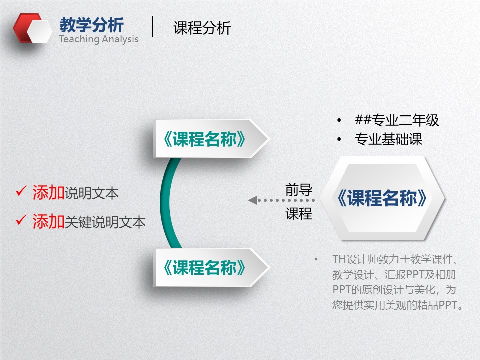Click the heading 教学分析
pos(91,25)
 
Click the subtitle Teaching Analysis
pos(99,39)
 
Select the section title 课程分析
pos(202,28)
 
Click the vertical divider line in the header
pos(152,26)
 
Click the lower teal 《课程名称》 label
pos(205,268)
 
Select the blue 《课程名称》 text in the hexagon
pos(382,198)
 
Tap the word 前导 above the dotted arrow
pos(299,190)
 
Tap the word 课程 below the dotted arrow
pos(299,214)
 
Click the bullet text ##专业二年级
pos(397,120)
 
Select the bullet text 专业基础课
pos(388,139)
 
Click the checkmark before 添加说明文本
pos(21,191)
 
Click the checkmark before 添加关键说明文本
pos(21,220)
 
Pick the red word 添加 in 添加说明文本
pos(48,193)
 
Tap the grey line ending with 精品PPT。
pos(398,305)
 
